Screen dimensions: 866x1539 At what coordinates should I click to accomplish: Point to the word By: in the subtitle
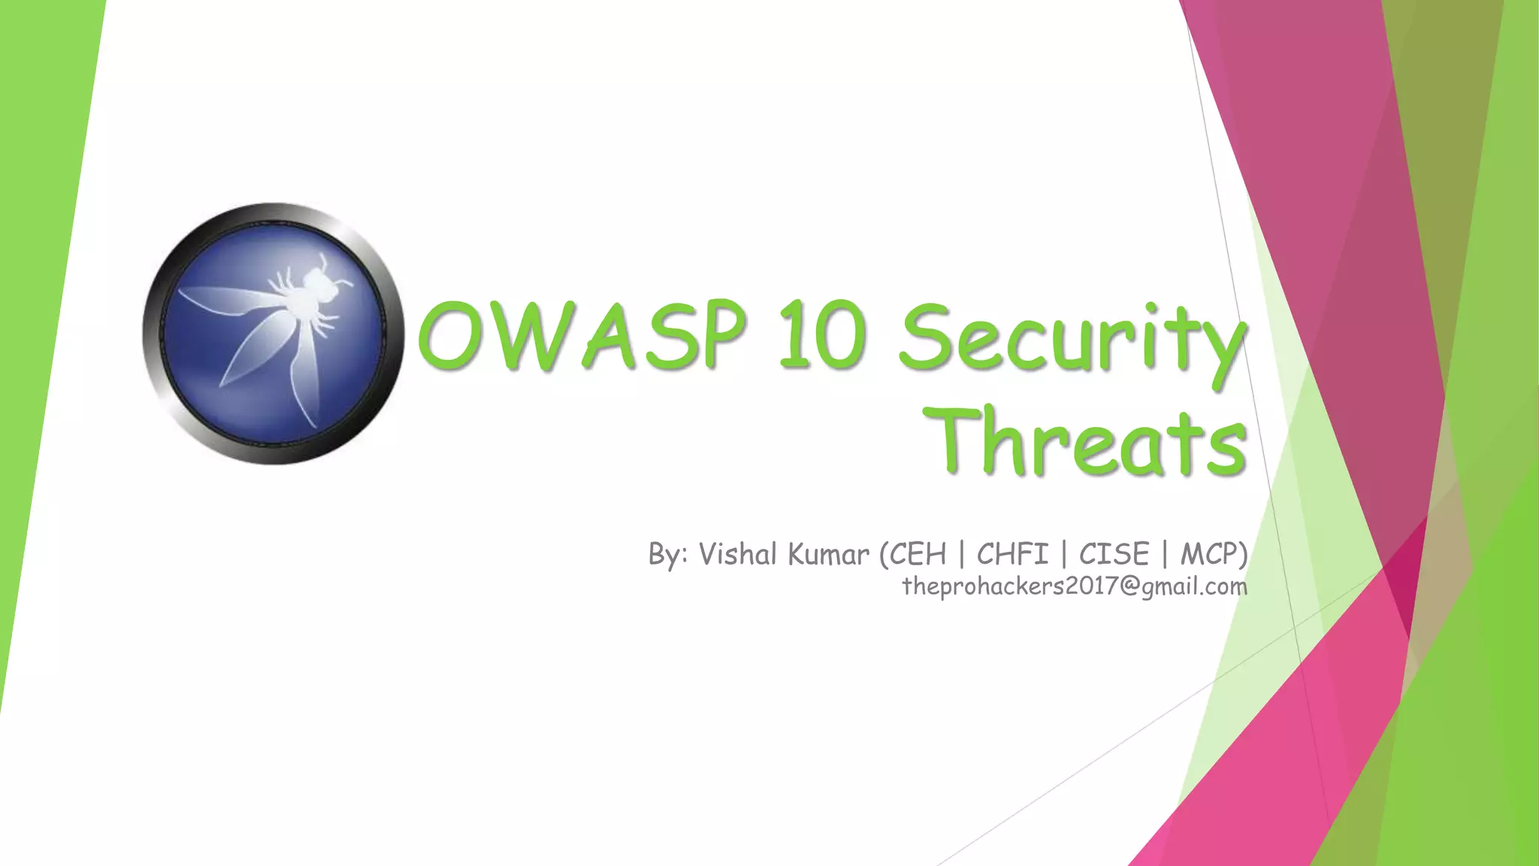668,555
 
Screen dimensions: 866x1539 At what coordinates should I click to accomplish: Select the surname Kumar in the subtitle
829,555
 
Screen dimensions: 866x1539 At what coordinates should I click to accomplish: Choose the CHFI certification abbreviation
1012,555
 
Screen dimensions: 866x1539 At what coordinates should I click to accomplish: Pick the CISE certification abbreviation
1114,555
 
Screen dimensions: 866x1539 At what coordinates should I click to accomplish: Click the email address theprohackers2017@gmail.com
1075,586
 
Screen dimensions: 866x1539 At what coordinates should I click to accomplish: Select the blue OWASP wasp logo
274,333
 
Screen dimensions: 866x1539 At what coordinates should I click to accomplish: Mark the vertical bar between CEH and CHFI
962,555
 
